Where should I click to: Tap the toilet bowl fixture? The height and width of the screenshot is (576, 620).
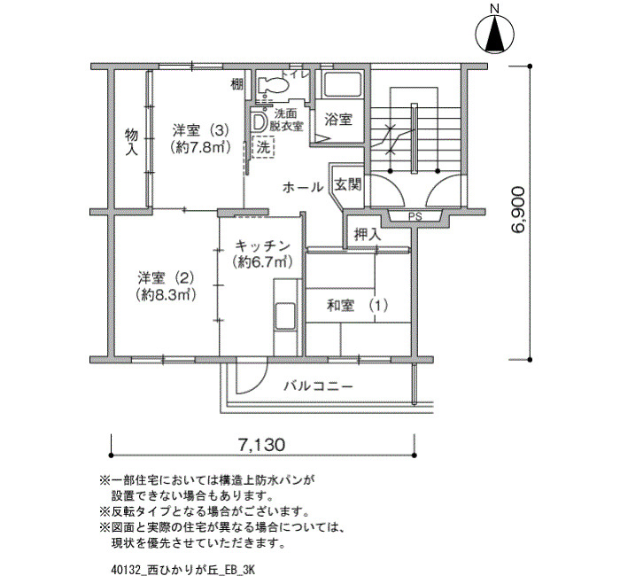(273, 85)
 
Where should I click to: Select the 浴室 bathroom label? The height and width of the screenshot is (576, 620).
(338, 120)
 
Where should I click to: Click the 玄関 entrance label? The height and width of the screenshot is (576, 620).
(348, 184)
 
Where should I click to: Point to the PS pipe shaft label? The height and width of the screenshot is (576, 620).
(415, 217)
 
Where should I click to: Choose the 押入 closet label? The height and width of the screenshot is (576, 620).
(368, 234)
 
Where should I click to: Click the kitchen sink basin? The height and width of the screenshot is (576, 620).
(285, 317)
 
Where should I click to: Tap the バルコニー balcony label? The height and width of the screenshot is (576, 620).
(318, 385)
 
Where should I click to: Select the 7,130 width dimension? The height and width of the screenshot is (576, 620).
(261, 445)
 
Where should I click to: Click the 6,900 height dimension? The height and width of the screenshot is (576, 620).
(518, 210)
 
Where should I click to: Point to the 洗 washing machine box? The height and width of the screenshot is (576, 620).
(263, 148)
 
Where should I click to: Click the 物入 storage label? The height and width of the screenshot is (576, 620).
(132, 142)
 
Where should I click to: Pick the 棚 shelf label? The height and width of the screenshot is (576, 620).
(236, 84)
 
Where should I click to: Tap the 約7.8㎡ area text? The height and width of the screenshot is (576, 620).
(200, 148)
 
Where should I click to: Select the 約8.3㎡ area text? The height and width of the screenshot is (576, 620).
(167, 295)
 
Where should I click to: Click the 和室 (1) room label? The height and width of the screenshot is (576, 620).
(357, 306)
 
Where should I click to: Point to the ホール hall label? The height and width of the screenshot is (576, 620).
(303, 187)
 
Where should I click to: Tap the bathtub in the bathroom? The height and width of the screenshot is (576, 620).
(343, 84)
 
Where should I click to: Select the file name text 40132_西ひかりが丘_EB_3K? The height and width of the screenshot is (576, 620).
(183, 570)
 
